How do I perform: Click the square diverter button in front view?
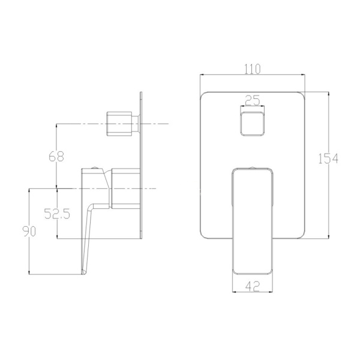click(x=252, y=124)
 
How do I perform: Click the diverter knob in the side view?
click(x=122, y=124)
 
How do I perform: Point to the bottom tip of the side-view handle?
click(x=83, y=274)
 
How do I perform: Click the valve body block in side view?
click(x=127, y=188)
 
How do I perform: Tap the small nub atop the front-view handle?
click(x=253, y=167)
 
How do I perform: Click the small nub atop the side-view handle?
click(x=95, y=167)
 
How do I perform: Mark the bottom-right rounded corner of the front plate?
click(x=301, y=236)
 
